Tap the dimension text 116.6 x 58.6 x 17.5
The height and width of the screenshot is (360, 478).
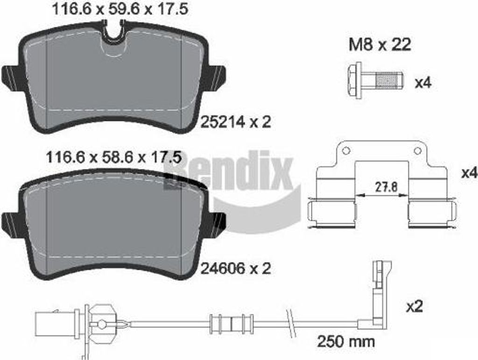coord(113,157)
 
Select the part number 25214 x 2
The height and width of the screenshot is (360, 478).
coord(236,122)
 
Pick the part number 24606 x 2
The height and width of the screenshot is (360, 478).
coord(236,268)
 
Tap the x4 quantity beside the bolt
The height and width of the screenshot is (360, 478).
coord(423,84)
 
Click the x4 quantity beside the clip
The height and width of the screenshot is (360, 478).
coord(469,173)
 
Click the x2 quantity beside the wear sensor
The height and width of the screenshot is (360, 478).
coord(414,307)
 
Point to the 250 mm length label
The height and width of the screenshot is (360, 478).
coord(346,341)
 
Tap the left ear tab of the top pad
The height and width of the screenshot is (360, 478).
coord(10,76)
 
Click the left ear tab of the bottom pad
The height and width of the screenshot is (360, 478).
coord(10,222)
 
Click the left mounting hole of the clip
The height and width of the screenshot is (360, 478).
coord(345,151)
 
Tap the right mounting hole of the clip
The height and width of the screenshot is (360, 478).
coord(418,151)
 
